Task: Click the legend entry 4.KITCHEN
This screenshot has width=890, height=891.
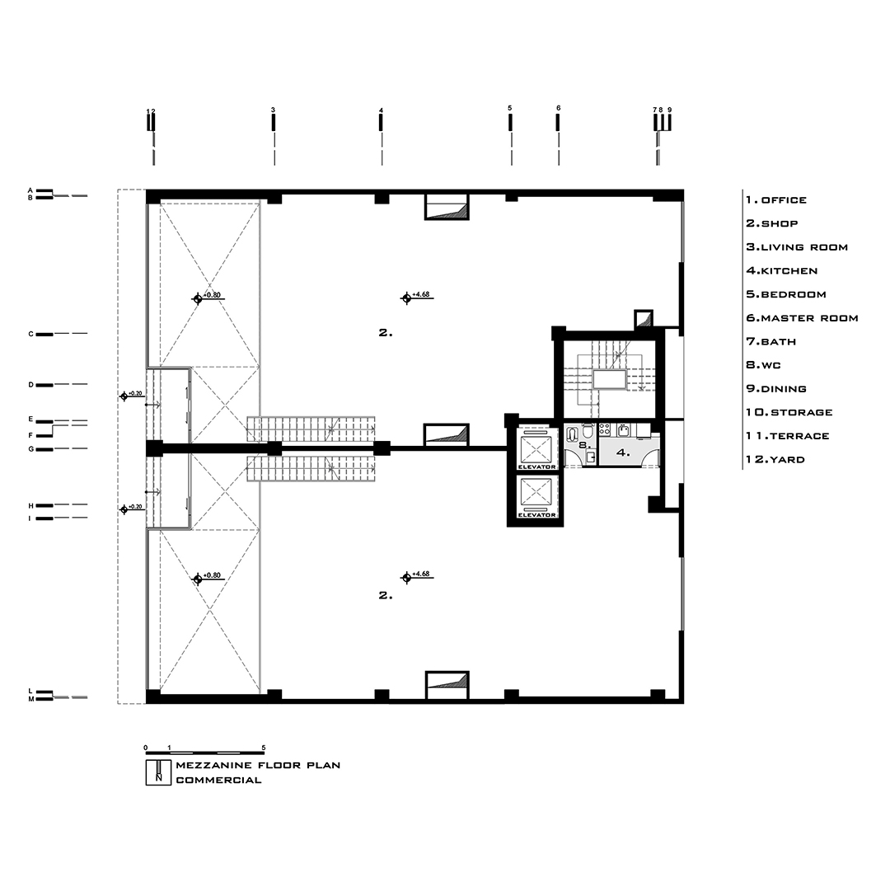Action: [781, 270]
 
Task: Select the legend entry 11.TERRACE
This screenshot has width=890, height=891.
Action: [787, 435]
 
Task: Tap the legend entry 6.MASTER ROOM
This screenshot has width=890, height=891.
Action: [802, 317]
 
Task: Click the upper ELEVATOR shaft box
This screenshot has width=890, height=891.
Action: [537, 448]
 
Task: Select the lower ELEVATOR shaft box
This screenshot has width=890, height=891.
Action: [537, 497]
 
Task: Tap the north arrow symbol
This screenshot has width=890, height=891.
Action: [153, 772]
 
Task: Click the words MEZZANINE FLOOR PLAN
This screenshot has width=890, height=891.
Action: [258, 765]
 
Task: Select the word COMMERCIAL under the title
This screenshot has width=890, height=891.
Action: [218, 780]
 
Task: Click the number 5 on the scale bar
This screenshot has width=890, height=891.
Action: [264, 747]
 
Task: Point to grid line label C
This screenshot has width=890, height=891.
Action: [30, 334]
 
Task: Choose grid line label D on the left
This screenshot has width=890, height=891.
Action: [30, 384]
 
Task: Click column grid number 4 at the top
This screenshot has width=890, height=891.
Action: [381, 110]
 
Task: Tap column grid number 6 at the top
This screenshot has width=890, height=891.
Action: [558, 108]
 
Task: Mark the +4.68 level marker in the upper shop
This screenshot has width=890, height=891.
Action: [405, 298]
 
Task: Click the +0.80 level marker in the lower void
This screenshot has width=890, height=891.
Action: [198, 579]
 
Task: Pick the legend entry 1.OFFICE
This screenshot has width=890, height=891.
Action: [775, 199]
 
